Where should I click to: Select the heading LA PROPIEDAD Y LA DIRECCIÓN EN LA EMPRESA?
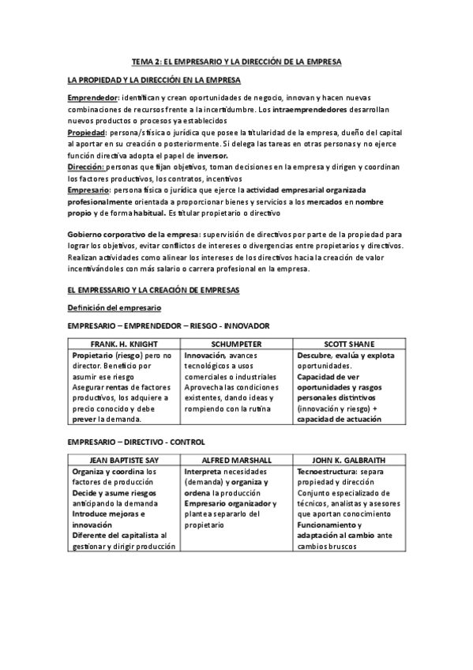pyautogui.click(x=154, y=81)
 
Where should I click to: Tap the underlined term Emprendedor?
pyautogui.click(x=92, y=96)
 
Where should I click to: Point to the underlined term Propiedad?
pyautogui.click(x=85, y=132)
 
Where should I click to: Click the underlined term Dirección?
pyautogui.click(x=85, y=167)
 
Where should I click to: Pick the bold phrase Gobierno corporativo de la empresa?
pyautogui.click(x=133, y=235)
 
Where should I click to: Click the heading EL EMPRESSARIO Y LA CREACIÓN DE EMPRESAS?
pyautogui.click(x=153, y=290)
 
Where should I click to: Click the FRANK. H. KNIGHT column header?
pyautogui.click(x=125, y=344)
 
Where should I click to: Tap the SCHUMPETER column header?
pyautogui.click(x=236, y=344)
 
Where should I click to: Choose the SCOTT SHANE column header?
pyautogui.click(x=349, y=344)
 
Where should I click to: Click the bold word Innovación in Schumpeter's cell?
pyautogui.click(x=205, y=356)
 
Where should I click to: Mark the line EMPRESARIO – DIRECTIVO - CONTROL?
pyautogui.click(x=136, y=441)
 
